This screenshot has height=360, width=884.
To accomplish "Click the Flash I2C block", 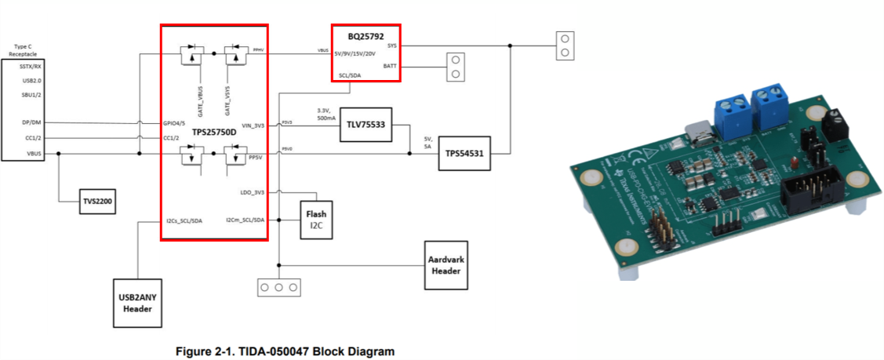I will point(316,219).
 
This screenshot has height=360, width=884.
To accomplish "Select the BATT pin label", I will point(390,66).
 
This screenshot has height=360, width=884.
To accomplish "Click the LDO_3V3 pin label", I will point(251,192).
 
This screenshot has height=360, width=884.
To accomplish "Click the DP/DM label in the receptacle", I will point(31,122).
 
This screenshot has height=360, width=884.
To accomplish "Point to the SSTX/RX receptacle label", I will point(31,67).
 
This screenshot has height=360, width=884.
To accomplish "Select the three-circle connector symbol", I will point(278,288).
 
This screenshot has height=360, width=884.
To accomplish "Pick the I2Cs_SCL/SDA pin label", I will point(185,220).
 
